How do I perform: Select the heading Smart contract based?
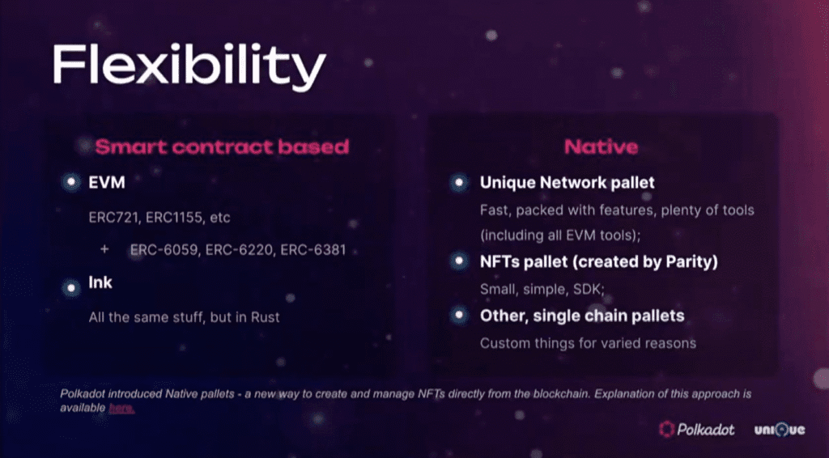[x=222, y=146]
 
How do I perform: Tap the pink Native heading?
[x=602, y=146]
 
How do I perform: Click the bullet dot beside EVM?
[x=71, y=182]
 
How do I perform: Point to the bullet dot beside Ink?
[x=71, y=288]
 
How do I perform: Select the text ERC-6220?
[x=239, y=249]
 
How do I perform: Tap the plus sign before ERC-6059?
[x=104, y=248]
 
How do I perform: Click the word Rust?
[x=265, y=317]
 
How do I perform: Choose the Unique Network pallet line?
[x=568, y=183]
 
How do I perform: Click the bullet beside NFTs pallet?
[x=459, y=261]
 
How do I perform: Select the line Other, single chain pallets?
[x=582, y=316]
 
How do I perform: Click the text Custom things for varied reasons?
[x=588, y=343]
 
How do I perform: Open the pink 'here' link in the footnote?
[x=121, y=408]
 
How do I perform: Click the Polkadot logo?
[x=697, y=430]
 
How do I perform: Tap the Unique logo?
[x=780, y=430]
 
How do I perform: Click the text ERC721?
[x=114, y=218]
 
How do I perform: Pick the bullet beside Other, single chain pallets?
[x=459, y=316]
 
